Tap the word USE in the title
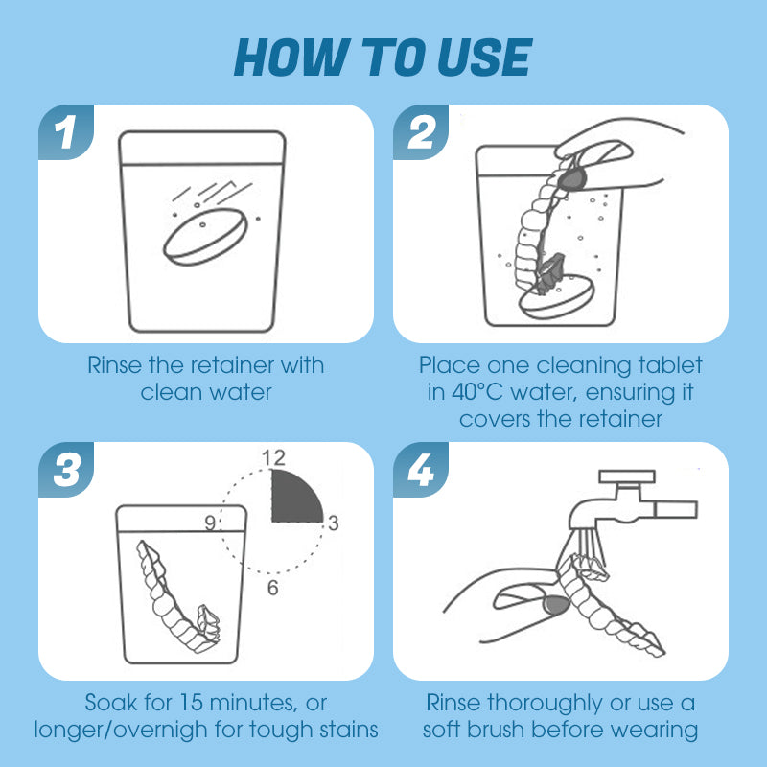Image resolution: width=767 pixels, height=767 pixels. (484, 58)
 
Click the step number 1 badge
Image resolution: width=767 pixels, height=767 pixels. (66, 132)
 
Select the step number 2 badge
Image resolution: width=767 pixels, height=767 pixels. (421, 132)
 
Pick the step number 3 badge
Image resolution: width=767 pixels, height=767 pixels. (66, 470)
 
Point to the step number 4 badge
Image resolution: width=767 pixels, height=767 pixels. (421, 470)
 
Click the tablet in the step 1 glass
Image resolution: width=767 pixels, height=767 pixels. (205, 237)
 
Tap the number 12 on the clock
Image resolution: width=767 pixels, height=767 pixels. (273, 458)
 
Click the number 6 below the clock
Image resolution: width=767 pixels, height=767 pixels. (273, 588)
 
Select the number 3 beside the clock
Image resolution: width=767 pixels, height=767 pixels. (334, 523)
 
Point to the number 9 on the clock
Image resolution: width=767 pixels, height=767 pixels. (210, 523)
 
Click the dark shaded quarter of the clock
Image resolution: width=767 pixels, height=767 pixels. (293, 500)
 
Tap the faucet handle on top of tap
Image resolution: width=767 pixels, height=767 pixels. (627, 476)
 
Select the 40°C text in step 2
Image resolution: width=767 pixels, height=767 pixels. (476, 392)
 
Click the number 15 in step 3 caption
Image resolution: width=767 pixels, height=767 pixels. (190, 703)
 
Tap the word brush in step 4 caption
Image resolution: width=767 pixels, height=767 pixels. (496, 730)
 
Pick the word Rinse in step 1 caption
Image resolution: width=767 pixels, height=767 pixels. (114, 365)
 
